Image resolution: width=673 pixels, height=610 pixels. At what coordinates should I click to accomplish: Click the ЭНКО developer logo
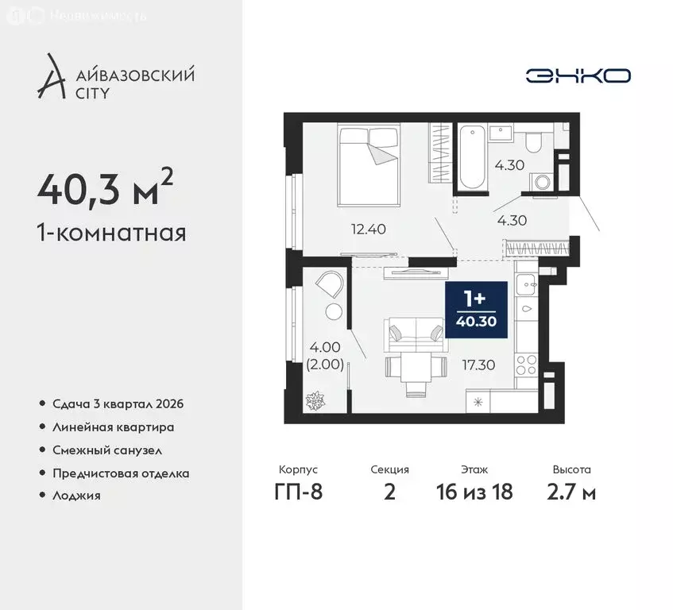(578, 76)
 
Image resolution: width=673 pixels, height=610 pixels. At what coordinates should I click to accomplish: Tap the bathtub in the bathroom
(472, 156)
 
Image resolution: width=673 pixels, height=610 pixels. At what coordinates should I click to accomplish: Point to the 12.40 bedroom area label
(368, 229)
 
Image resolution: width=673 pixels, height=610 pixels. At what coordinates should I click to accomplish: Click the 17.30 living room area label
(478, 365)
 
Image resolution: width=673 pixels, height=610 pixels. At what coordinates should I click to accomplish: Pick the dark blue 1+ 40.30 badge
(477, 310)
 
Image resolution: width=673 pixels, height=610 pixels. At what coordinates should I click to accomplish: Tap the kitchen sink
(527, 284)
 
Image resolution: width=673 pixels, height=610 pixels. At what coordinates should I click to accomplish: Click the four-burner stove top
(526, 365)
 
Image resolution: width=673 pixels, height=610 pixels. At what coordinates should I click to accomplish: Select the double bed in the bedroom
(369, 165)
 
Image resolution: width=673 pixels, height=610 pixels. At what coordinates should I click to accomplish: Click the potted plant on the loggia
(315, 400)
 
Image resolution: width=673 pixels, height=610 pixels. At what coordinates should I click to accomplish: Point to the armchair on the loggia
(330, 284)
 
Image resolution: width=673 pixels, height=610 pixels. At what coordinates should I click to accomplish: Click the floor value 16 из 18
(474, 492)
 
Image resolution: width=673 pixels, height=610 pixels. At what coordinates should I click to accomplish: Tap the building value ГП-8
(298, 492)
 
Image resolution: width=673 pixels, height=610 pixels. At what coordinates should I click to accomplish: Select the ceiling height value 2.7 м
(571, 492)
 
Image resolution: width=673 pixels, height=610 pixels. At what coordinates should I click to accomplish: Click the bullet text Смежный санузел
(107, 450)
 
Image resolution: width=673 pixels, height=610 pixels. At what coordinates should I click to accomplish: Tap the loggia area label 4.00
(325, 346)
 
